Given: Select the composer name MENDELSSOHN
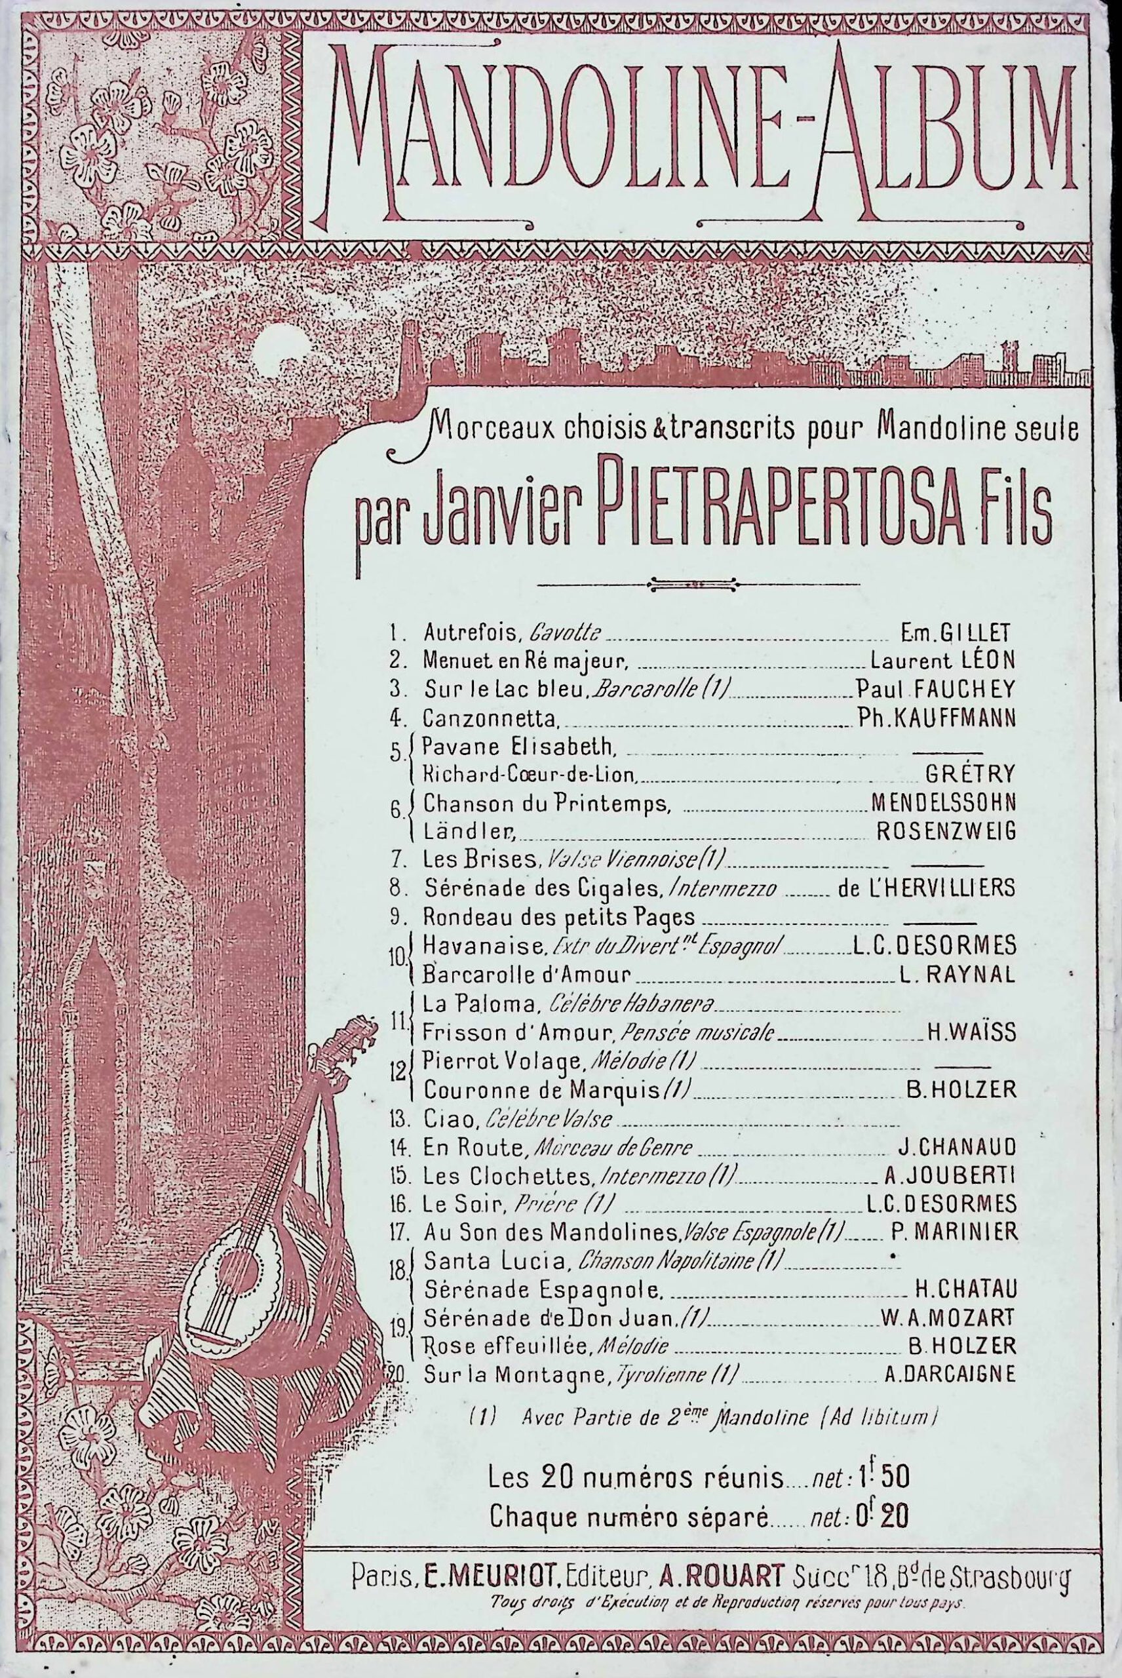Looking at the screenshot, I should pyautogui.click(x=943, y=802).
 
